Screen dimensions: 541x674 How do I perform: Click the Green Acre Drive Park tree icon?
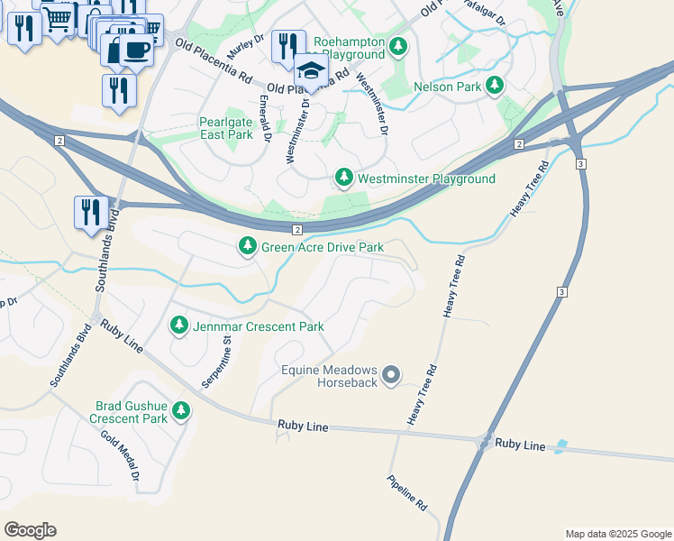click(248, 245)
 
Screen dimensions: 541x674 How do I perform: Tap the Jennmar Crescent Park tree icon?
click(179, 325)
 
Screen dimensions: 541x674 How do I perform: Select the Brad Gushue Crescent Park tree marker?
click(182, 411)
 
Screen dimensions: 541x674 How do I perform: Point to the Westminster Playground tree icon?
click(343, 178)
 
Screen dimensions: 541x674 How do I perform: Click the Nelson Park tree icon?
click(494, 86)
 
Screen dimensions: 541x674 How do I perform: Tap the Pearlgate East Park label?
click(226, 127)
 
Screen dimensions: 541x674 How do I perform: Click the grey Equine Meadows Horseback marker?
click(391, 374)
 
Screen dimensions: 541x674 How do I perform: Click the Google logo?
click(30, 530)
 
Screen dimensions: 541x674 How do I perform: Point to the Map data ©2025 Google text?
click(617, 534)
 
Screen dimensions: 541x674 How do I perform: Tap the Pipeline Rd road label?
click(407, 493)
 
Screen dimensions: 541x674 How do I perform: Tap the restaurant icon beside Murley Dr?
click(287, 44)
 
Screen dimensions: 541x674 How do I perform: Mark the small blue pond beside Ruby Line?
click(561, 445)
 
